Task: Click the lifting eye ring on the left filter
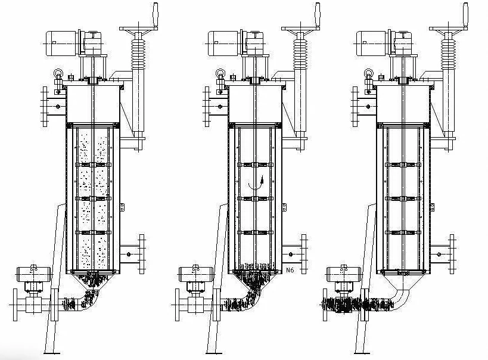[58, 74]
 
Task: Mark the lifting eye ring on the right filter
[369, 74]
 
